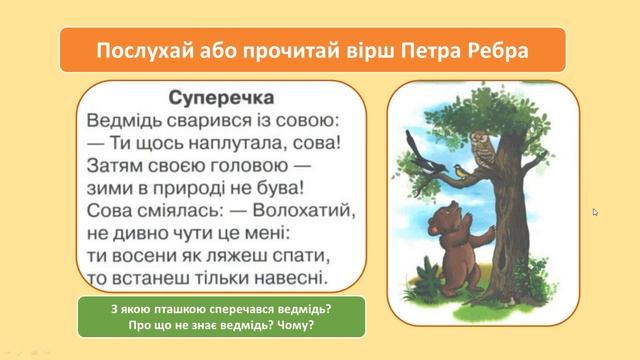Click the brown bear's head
(x=434, y=216)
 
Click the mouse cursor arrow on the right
(x=595, y=212)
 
